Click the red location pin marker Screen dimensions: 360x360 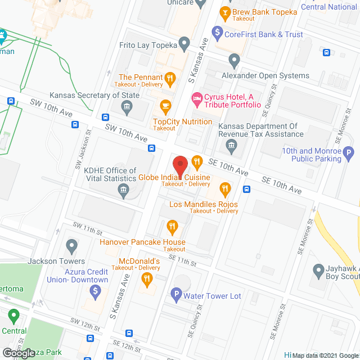tap(179, 166)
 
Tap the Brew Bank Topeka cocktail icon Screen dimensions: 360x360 tap(225, 11)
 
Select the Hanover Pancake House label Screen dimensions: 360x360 tap(142, 242)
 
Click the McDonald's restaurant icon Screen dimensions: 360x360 tap(147, 277)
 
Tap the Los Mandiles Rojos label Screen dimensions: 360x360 tap(204, 204)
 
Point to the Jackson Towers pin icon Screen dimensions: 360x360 tap(71, 246)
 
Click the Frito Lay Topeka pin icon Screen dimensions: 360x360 tap(184, 44)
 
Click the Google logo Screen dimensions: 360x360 tap(19, 353)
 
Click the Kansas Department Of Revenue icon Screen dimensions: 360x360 tap(231, 147)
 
